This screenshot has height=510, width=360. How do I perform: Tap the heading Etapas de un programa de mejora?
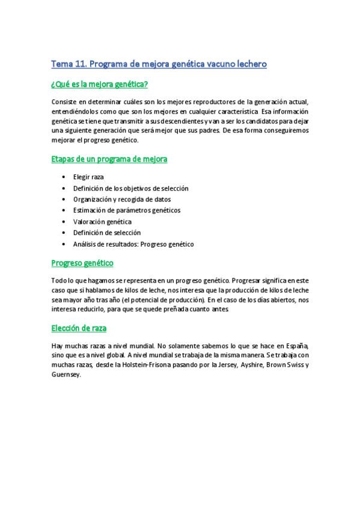pos(109,159)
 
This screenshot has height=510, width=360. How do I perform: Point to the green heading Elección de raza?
pos(79,328)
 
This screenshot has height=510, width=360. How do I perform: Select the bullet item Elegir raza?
pos(89,177)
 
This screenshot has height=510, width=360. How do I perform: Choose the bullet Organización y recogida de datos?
pos(122,199)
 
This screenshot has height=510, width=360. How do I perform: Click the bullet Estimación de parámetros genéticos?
pos(127,210)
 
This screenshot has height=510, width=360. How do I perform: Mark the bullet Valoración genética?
pos(102,221)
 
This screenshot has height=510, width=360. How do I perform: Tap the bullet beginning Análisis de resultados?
pos(133,244)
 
